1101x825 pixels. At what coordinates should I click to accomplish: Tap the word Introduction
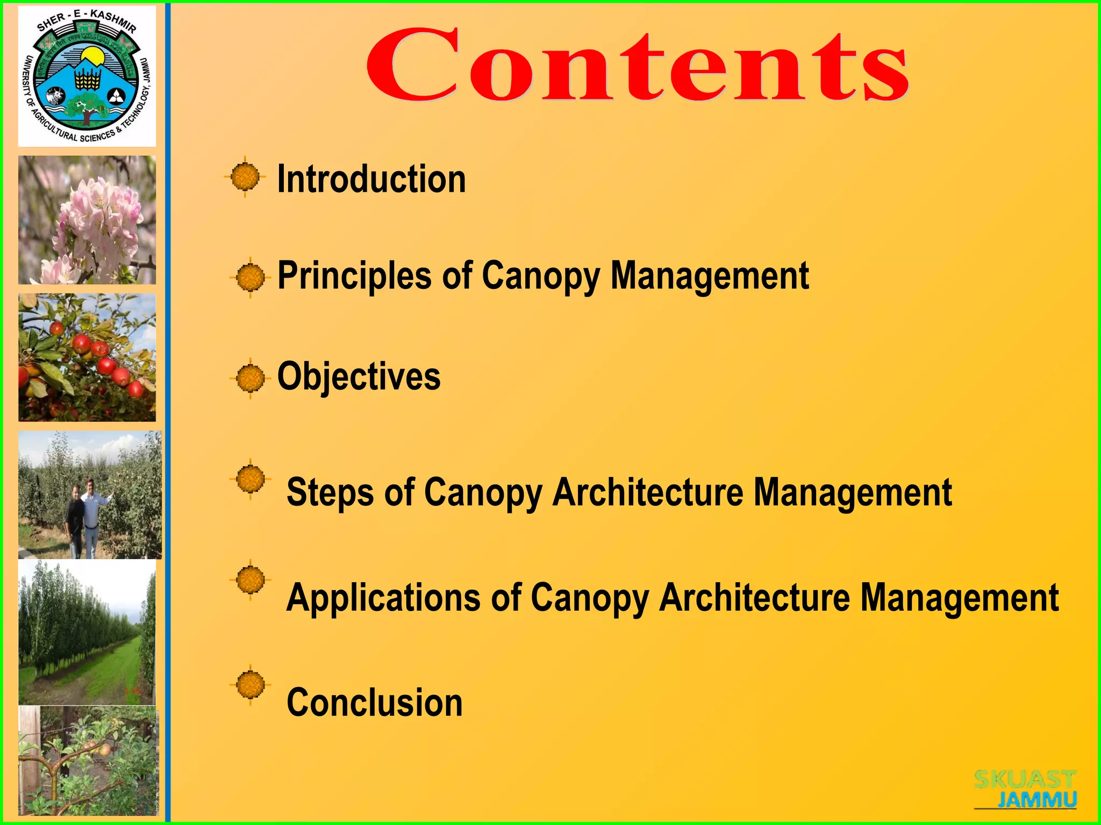[371, 179]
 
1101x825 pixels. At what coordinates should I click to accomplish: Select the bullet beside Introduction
[245, 176]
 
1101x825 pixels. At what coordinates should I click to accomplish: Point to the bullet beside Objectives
[250, 378]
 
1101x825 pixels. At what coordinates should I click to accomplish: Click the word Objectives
[359, 376]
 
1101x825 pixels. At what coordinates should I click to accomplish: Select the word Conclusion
[374, 702]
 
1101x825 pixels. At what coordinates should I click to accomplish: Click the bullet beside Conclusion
[250, 685]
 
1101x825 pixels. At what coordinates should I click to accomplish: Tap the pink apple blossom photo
[87, 220]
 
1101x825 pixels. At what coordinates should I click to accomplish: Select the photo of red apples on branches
[87, 357]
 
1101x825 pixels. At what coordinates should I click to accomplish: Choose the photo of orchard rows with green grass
[87, 632]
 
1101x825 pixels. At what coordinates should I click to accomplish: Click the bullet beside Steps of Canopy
[250, 478]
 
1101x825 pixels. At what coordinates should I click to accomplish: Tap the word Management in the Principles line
[710, 276]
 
